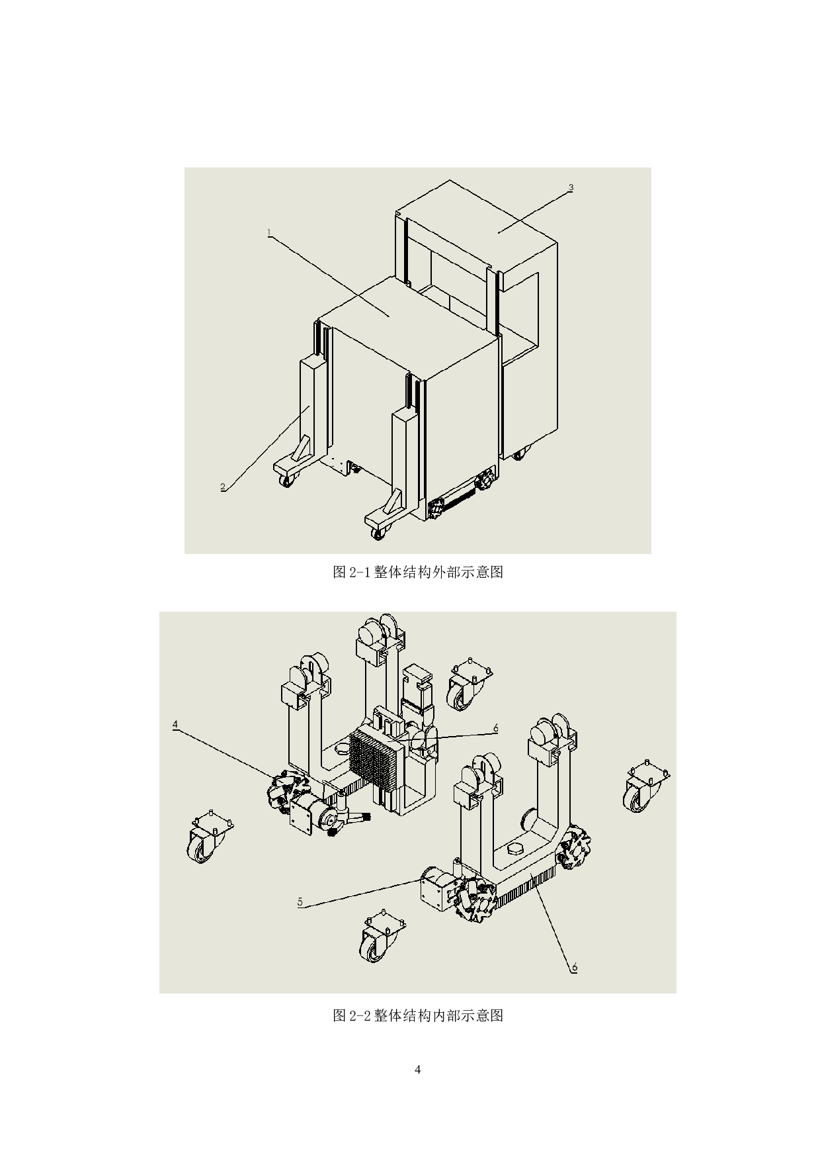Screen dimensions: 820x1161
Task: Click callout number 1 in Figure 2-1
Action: tap(269, 232)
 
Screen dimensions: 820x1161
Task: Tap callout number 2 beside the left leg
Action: tap(223, 487)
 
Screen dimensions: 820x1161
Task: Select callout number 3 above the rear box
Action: tap(571, 187)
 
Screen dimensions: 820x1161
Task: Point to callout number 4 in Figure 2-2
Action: tap(175, 725)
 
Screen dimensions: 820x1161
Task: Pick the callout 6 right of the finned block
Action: tap(495, 728)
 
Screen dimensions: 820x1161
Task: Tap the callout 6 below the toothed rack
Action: tap(575, 967)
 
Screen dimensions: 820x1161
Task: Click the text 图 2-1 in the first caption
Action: tap(350, 572)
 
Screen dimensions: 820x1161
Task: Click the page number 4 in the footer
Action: tap(417, 1088)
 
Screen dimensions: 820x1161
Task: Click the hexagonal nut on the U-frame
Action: tap(514, 849)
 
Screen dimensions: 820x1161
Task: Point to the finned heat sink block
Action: tap(375, 759)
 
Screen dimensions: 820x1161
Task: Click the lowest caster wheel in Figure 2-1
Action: tap(378, 532)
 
